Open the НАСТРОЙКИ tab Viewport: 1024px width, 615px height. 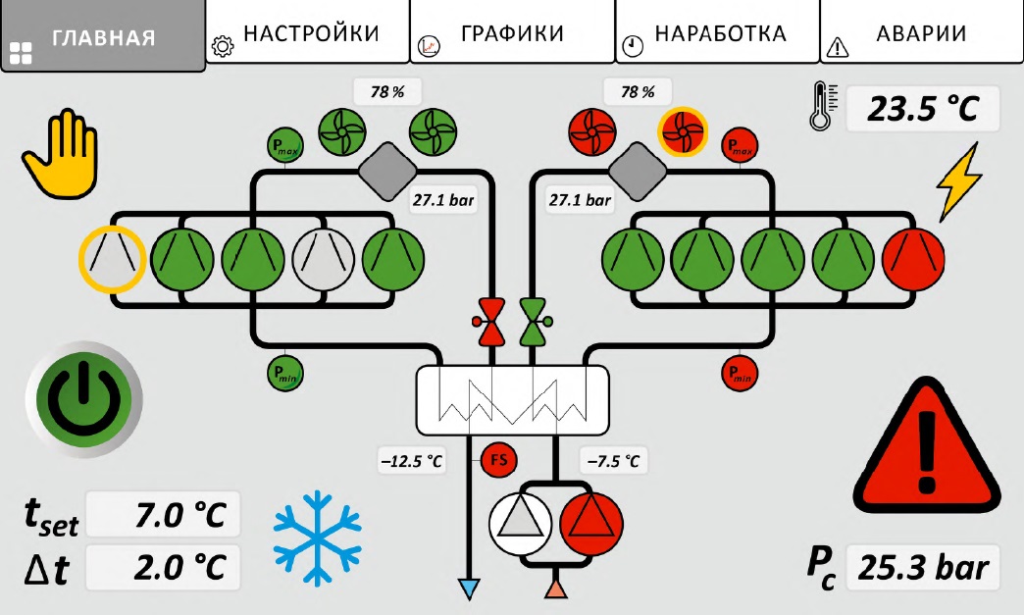pyautogui.click(x=308, y=32)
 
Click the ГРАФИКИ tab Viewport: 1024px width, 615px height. pyautogui.click(x=512, y=32)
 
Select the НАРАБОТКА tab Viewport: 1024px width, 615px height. pyautogui.click(x=717, y=32)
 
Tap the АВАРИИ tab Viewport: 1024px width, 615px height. pyautogui.click(x=921, y=32)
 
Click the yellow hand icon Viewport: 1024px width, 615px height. pyautogui.click(x=60, y=153)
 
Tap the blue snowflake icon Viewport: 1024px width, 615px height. pyautogui.click(x=317, y=538)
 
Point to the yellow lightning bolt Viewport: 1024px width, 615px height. pyautogui.click(x=958, y=181)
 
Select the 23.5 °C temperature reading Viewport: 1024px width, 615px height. pyautogui.click(x=923, y=108)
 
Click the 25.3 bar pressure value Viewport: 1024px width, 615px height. pyautogui.click(x=923, y=567)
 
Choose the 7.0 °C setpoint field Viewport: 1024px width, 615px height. pyautogui.click(x=163, y=514)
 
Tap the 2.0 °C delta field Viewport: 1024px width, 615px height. pyautogui.click(x=163, y=567)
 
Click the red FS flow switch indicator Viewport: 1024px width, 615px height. pyautogui.click(x=499, y=460)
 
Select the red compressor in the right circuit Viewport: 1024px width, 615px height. pyautogui.click(x=913, y=259)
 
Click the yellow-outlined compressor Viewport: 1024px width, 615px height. pyautogui.click(x=112, y=259)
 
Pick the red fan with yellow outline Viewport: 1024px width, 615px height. pyautogui.click(x=683, y=131)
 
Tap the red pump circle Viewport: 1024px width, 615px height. pyautogui.click(x=591, y=524)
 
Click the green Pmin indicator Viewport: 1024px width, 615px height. pyautogui.click(x=285, y=374)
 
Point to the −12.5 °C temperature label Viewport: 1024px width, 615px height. pyautogui.click(x=412, y=462)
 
